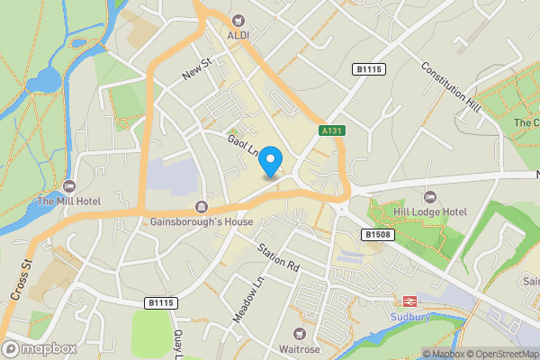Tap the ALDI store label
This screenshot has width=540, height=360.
point(238,34)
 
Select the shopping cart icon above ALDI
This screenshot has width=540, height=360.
point(238,20)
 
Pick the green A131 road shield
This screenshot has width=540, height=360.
point(332,130)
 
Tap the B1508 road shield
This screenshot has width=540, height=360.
point(377,234)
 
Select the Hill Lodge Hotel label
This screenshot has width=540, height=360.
point(430,211)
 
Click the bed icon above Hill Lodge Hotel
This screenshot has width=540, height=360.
point(429,196)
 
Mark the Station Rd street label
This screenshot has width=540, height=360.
point(276,258)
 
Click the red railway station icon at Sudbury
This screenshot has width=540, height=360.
point(405,301)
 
